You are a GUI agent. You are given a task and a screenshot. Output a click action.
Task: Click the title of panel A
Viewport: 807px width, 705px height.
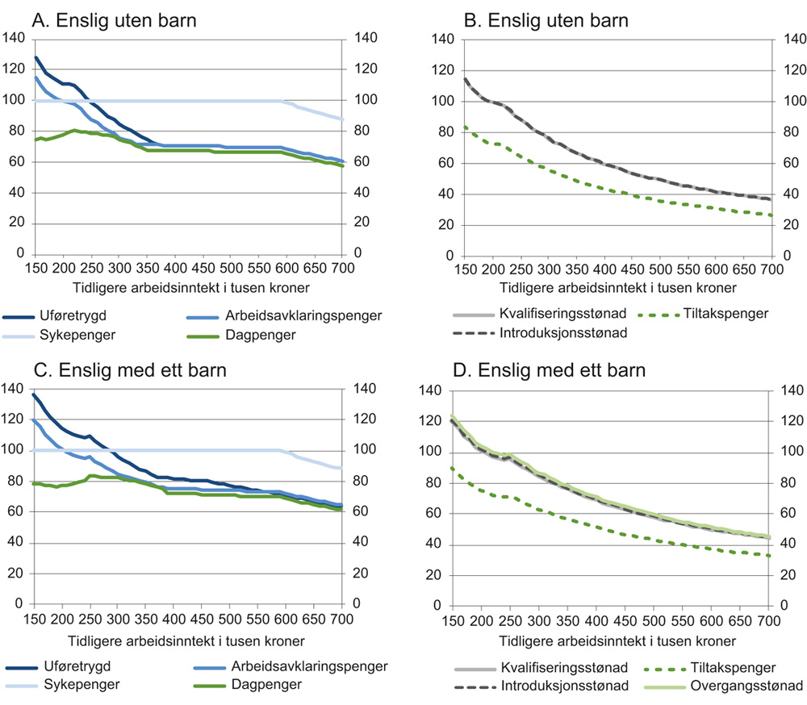113,22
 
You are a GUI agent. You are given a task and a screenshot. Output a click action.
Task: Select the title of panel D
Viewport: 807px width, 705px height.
562,371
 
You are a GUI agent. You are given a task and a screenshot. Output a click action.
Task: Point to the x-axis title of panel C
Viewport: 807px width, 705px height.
187,642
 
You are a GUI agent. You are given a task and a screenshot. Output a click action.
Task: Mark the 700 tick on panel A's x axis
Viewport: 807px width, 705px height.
341,269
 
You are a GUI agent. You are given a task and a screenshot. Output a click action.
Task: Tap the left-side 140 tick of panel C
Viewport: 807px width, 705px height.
13,389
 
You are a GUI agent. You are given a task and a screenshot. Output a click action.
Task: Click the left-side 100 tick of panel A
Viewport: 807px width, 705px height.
13,100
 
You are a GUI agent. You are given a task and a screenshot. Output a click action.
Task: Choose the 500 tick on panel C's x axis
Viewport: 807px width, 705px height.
229,619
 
